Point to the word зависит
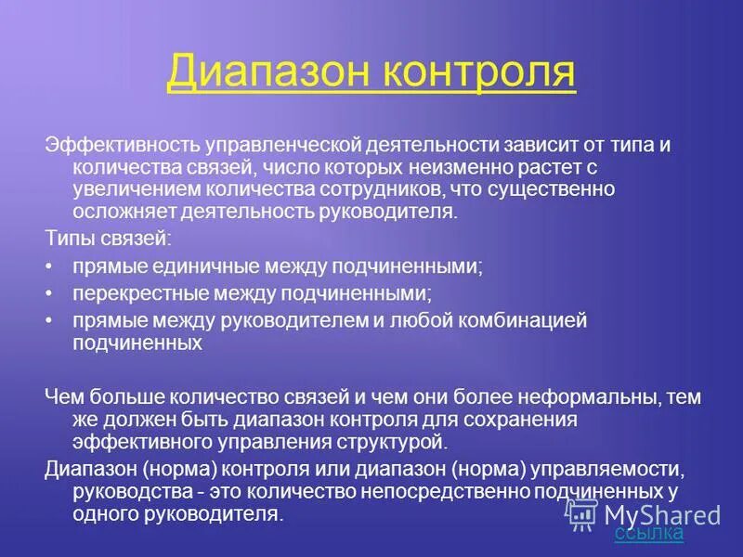(x=538, y=146)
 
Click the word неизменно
(x=445, y=168)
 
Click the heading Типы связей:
(x=108, y=240)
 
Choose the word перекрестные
(x=140, y=293)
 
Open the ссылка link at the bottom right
(x=648, y=533)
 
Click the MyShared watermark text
(x=662, y=513)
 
